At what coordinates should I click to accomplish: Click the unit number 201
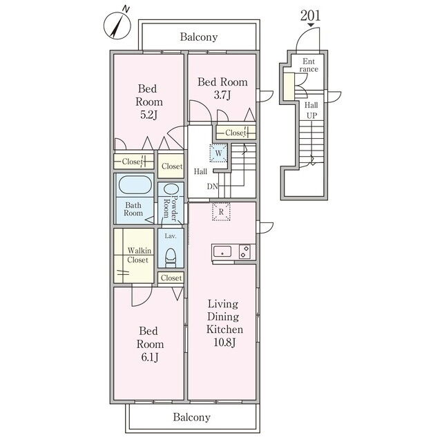(x=310, y=15)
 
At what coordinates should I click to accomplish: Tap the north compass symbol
(x=117, y=26)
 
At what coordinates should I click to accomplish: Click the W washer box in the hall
(x=218, y=153)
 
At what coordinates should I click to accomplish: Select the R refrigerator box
(x=221, y=211)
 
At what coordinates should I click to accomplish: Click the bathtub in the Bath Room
(x=135, y=184)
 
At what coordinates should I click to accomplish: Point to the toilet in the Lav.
(x=171, y=257)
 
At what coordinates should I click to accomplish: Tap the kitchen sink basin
(x=222, y=251)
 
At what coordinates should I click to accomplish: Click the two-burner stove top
(x=244, y=251)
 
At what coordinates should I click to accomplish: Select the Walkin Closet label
(x=139, y=255)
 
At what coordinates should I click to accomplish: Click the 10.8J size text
(x=224, y=343)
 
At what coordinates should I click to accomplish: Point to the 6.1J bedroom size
(x=150, y=357)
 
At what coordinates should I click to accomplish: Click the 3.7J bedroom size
(x=222, y=95)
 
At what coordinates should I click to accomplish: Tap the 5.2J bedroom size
(x=148, y=115)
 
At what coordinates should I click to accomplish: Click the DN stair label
(x=213, y=186)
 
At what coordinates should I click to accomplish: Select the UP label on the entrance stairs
(x=311, y=115)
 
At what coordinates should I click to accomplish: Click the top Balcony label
(x=199, y=37)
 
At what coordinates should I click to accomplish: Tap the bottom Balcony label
(x=192, y=417)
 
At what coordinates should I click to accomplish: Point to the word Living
(x=222, y=305)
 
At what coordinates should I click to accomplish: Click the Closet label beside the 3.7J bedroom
(x=235, y=133)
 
